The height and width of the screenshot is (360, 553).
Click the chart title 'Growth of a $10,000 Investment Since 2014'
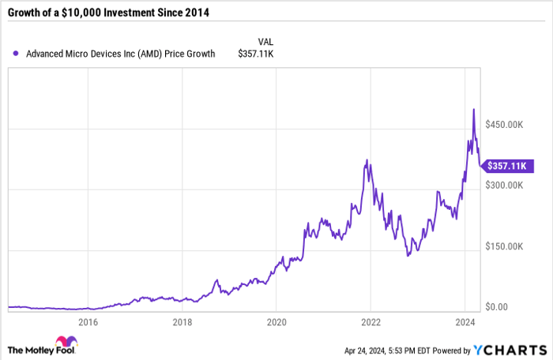coord(114,13)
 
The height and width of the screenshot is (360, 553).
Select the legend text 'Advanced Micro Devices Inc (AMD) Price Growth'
coord(121,54)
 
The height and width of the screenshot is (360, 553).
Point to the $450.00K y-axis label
coord(505,125)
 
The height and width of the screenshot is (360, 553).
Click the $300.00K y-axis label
coord(505,186)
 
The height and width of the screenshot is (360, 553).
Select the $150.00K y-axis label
coord(505,246)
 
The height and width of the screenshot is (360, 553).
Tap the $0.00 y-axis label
coord(497,307)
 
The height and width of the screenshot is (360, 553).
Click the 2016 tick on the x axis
coord(88,322)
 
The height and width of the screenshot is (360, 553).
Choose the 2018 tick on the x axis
coord(182,322)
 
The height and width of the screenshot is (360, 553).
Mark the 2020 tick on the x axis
coord(276,322)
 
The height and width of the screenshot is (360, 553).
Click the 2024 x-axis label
coord(465,322)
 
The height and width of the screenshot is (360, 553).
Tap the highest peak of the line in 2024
coord(473,109)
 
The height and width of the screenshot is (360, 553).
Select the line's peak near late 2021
coord(367,160)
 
